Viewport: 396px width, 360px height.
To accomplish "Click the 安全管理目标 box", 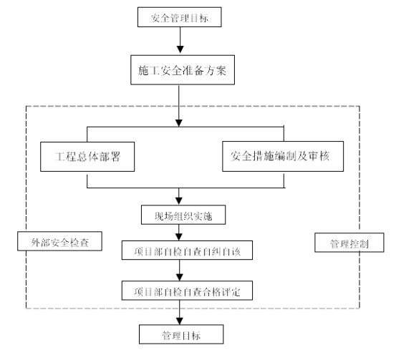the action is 180,17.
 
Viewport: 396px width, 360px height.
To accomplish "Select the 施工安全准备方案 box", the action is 183,70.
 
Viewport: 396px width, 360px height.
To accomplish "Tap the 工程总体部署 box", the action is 87,157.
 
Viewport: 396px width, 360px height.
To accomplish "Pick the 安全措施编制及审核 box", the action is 283,156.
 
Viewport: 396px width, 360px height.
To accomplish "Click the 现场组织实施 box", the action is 183,215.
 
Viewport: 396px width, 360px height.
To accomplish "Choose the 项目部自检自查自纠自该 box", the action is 187,250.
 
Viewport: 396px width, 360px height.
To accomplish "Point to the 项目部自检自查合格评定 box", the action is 187,291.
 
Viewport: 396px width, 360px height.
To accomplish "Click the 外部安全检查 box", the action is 59,241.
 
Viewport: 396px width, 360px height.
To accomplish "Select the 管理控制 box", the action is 349,243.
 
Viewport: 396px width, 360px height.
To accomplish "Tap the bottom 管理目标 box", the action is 181,334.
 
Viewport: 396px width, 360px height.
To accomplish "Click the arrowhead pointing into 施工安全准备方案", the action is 180,49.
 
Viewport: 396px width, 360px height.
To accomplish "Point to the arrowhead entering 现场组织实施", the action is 179,201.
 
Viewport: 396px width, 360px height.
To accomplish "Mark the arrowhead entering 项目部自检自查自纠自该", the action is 179,237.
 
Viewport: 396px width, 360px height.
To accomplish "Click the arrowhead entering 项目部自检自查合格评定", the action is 180,277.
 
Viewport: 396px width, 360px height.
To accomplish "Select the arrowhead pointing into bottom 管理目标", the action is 180,321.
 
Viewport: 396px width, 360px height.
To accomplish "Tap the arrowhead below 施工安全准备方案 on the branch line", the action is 179,123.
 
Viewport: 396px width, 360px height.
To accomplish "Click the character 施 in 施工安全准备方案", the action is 143,70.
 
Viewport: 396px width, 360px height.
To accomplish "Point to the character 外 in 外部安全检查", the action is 36,243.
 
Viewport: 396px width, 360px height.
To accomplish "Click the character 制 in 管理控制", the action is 364,244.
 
